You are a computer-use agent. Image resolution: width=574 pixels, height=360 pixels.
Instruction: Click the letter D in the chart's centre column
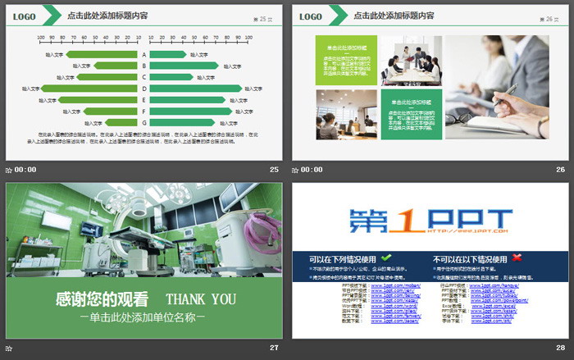(144, 89)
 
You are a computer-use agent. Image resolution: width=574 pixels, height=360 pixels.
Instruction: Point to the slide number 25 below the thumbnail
(274, 170)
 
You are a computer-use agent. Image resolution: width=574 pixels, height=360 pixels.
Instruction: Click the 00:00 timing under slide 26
(312, 170)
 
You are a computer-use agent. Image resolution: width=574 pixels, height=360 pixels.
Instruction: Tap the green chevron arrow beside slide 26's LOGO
(337, 16)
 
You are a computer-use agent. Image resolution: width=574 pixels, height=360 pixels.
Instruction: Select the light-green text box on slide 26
(346, 60)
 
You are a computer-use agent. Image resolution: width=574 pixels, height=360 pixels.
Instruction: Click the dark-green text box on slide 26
(412, 114)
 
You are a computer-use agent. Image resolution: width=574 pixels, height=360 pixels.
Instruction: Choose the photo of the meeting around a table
(412, 60)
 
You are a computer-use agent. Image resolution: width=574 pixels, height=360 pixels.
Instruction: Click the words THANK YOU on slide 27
(201, 299)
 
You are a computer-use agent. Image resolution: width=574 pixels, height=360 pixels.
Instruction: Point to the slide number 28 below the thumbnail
(560, 348)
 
